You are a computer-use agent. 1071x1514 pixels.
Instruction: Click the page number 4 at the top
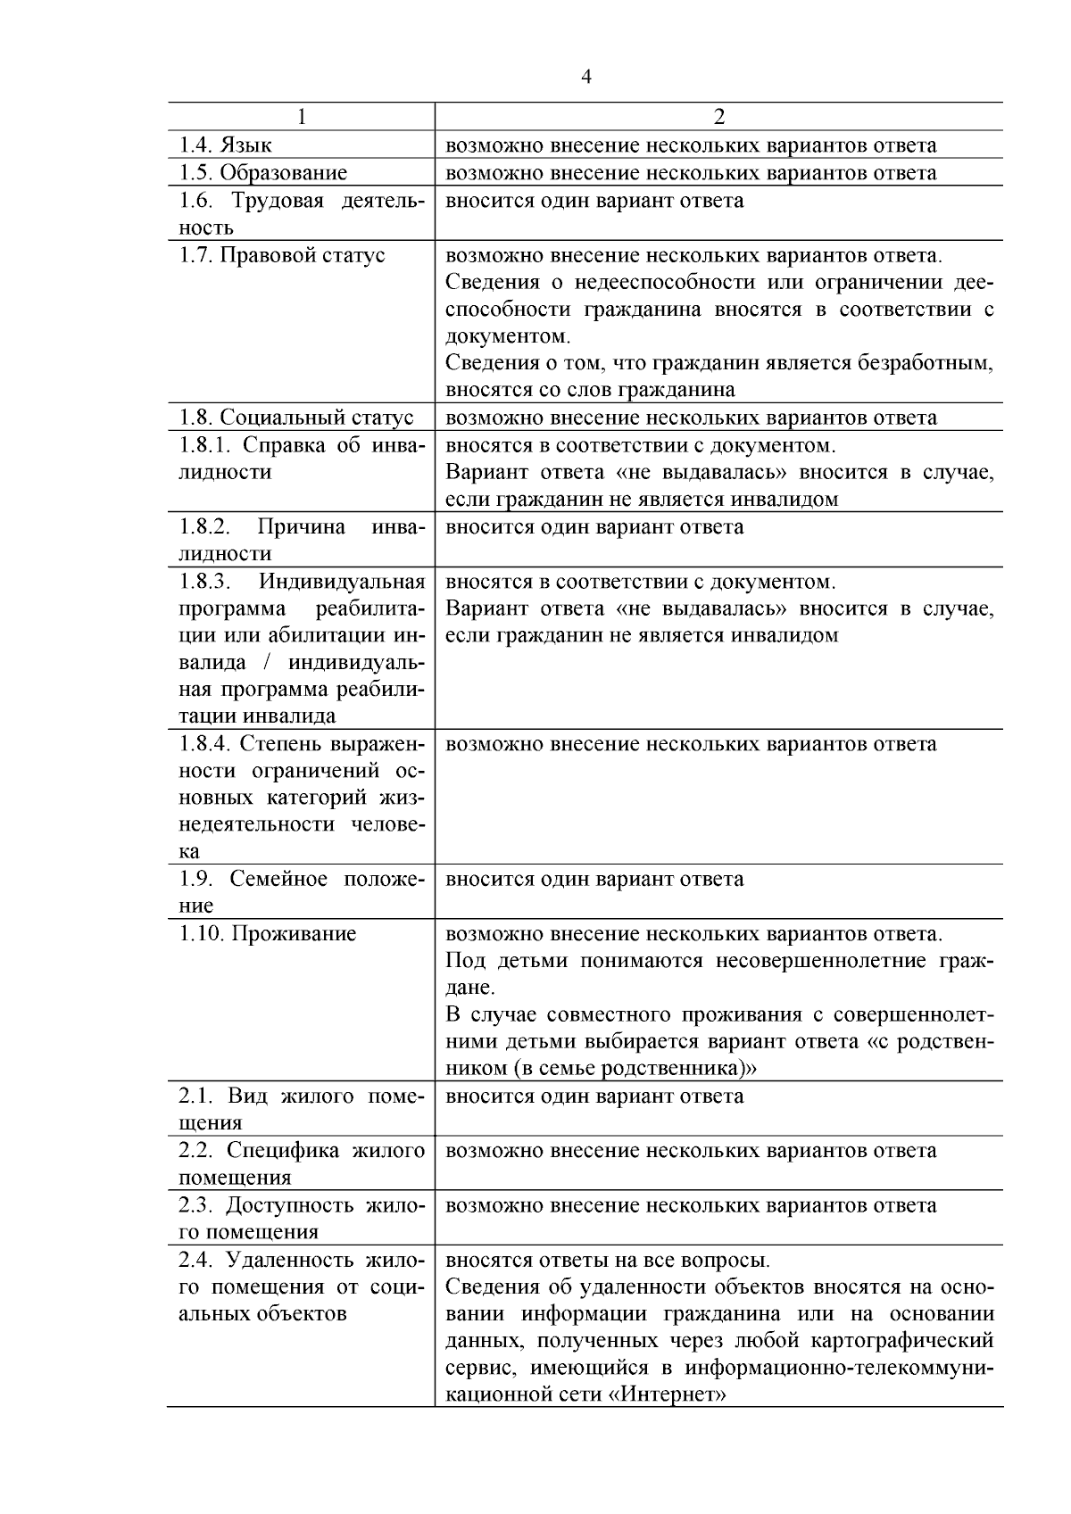(585, 78)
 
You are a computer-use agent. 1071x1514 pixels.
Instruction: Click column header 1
(301, 118)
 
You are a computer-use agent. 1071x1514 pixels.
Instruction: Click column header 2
(718, 118)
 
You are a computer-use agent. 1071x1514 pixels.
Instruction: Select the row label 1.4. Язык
(226, 145)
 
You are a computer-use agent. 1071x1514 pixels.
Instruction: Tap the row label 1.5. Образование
(263, 173)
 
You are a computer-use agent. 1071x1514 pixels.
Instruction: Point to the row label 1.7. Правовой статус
(282, 255)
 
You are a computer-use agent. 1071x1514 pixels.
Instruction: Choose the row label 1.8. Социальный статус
(296, 418)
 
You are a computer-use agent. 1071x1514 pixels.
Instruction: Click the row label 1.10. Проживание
(268, 934)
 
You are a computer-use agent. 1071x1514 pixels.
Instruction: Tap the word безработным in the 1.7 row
(926, 363)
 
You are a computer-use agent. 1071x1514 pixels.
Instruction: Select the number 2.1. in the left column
(197, 1096)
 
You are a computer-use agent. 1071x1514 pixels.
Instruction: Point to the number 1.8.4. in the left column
(206, 744)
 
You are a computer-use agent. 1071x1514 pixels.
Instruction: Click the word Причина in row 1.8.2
(301, 527)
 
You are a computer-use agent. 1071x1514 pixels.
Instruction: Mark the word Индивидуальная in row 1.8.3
(342, 583)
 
